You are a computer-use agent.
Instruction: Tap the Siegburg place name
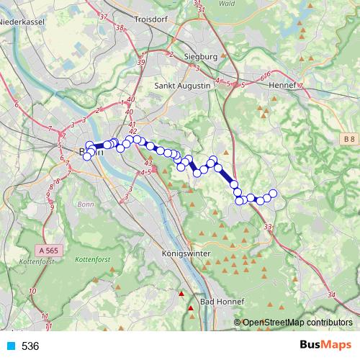(x=200, y=56)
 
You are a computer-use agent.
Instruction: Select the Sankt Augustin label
(x=183, y=85)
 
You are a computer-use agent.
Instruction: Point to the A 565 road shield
(x=46, y=250)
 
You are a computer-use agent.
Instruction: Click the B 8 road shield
(x=349, y=138)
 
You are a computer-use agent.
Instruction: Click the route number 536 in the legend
(x=30, y=346)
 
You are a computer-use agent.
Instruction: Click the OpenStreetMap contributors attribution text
(x=297, y=323)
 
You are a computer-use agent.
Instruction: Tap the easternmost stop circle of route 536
(x=273, y=193)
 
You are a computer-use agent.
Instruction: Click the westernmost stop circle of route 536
(x=87, y=156)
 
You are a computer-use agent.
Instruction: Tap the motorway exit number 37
(x=104, y=17)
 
